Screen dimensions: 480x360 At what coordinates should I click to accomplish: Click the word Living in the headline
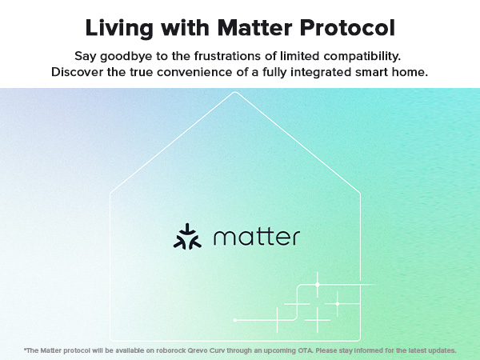(x=119, y=29)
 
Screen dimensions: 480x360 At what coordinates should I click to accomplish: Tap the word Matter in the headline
(x=254, y=28)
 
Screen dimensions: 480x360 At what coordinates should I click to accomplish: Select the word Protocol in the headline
(x=347, y=28)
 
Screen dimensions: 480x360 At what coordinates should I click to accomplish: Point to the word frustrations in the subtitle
(x=228, y=56)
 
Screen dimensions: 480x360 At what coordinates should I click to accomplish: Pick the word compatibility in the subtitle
(x=362, y=57)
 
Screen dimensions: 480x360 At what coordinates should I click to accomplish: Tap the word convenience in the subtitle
(x=194, y=73)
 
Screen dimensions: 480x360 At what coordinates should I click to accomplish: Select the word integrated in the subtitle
(x=321, y=73)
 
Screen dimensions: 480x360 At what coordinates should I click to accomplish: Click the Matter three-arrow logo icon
(x=187, y=237)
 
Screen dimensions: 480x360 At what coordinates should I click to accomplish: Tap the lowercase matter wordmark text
(x=257, y=238)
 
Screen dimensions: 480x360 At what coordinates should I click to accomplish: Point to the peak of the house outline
(x=235, y=93)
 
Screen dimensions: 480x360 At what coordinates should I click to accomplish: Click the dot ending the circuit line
(x=234, y=320)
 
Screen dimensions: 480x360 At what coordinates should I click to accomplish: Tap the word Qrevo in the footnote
(x=197, y=351)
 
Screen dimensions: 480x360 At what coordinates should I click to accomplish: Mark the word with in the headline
(x=186, y=28)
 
